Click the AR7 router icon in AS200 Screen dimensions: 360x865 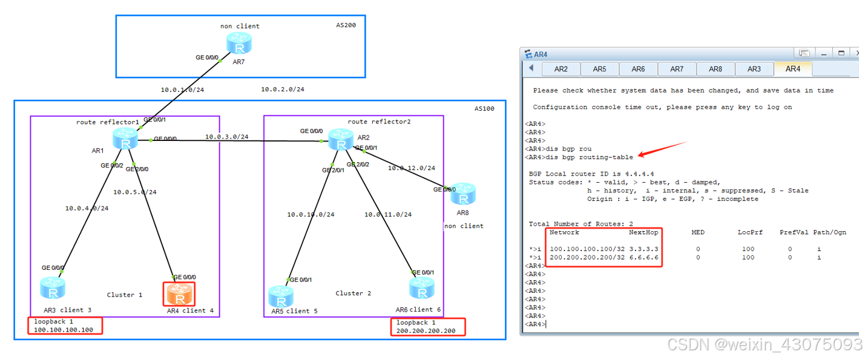tap(238, 44)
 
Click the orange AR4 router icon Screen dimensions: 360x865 tap(179, 295)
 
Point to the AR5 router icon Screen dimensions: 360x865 tap(281, 295)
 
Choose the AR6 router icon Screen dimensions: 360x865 tap(422, 289)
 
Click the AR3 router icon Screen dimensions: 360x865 tap(53, 289)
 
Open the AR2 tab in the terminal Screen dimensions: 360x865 tap(561, 69)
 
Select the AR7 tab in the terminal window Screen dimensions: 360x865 tap(677, 69)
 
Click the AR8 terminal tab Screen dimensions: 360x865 tap(715, 69)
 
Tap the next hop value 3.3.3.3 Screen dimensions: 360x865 tap(643, 249)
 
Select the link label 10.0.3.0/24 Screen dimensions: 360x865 tap(226, 137)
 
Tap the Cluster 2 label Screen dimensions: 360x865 tap(354, 293)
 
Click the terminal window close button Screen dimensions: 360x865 tap(855, 53)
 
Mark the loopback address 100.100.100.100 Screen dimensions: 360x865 tap(64, 330)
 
